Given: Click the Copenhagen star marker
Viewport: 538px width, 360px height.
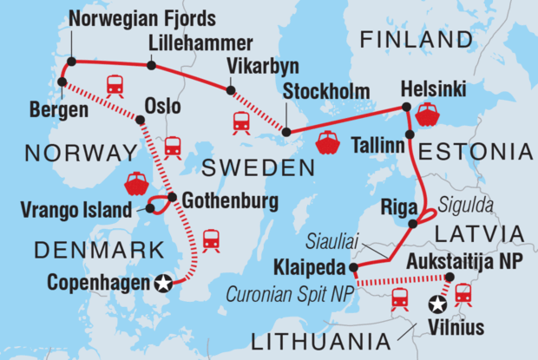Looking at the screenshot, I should [x=162, y=283].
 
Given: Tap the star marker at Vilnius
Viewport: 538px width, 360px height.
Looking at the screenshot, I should [x=439, y=305].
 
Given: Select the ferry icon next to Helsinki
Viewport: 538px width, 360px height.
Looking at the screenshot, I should [x=428, y=115].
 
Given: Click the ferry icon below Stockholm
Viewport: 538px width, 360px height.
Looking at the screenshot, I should [x=328, y=142].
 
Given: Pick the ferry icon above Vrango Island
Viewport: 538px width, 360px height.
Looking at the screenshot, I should [x=136, y=183].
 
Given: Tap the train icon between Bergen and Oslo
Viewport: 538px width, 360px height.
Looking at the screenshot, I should [x=114, y=86].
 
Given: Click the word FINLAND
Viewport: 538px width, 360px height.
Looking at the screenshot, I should [x=410, y=39].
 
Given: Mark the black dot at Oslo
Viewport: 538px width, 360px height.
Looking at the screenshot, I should [x=140, y=121].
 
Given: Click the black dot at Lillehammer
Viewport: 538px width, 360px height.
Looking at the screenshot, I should [x=151, y=65].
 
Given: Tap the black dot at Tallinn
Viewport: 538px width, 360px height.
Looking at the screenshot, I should [x=409, y=134].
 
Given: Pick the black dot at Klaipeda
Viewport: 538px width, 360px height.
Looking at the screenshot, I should [x=354, y=267].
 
